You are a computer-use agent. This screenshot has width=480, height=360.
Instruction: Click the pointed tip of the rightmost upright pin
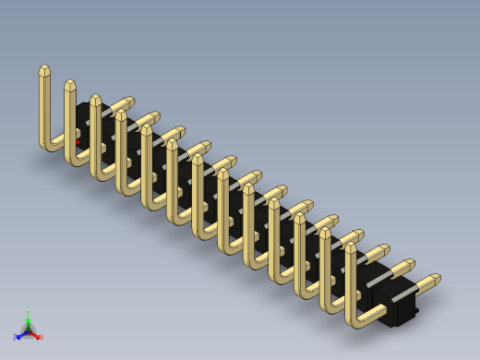(x=351, y=246)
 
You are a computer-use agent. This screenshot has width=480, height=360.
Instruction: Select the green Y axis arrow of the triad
(x=28, y=319)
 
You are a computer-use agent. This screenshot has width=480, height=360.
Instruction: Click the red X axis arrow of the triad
(x=36, y=335)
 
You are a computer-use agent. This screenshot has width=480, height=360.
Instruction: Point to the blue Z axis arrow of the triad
(x=20, y=336)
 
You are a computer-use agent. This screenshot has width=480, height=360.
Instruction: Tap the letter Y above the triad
(x=28, y=313)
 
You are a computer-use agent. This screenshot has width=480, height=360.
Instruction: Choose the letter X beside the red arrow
(x=41, y=337)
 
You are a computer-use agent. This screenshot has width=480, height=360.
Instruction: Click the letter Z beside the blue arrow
(x=15, y=338)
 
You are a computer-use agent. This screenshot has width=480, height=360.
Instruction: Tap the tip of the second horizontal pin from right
(x=409, y=264)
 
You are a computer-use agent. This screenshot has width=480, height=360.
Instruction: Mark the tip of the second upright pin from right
(x=326, y=231)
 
